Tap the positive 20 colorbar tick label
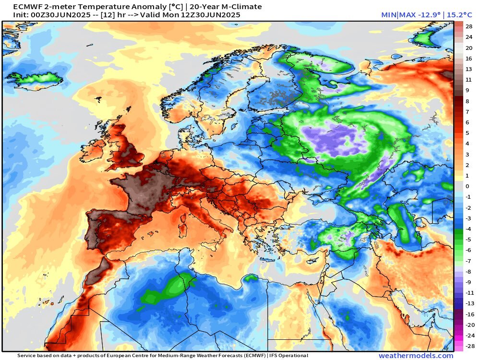pyautogui.click(x=469, y=48)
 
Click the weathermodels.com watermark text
pyautogui.click(x=416, y=356)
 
